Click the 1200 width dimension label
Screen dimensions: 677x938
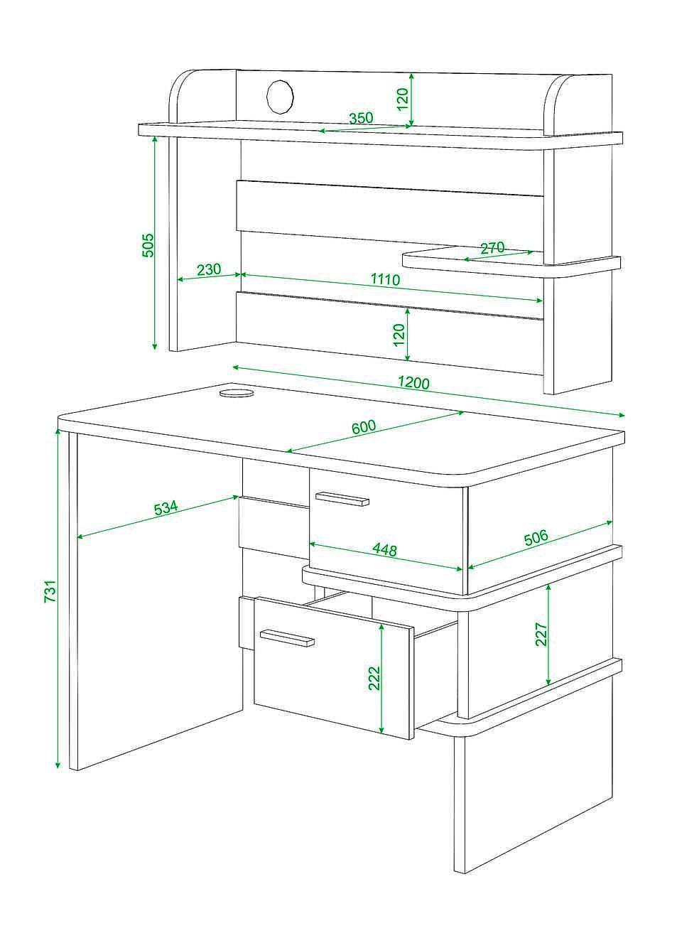413,383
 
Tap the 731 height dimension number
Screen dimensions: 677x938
50,591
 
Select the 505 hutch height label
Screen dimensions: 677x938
147,245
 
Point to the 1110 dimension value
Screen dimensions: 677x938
385,279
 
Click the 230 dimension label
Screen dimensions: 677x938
209,269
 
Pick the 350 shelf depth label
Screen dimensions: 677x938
361,118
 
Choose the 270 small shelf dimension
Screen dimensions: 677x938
492,248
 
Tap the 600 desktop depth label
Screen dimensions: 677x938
364,427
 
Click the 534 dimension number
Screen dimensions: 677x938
166,508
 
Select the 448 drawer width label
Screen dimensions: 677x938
384,549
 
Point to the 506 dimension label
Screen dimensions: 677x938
536,538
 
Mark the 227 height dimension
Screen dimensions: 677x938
541,634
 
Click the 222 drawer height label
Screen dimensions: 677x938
374,678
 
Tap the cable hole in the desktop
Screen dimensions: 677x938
237,393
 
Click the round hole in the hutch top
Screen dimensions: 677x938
280,97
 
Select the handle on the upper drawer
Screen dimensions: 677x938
342,499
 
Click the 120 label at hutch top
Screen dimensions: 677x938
402,99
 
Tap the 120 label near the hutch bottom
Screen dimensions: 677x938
399,335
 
